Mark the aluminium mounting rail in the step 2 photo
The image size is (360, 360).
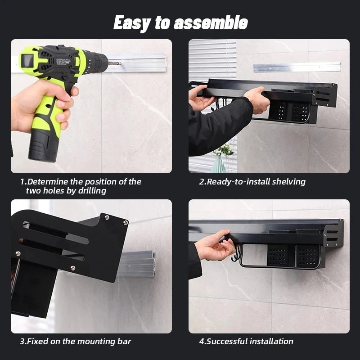pyautogui.click(x=297, y=67)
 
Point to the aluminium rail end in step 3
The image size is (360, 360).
pyautogui.click(x=138, y=264)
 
